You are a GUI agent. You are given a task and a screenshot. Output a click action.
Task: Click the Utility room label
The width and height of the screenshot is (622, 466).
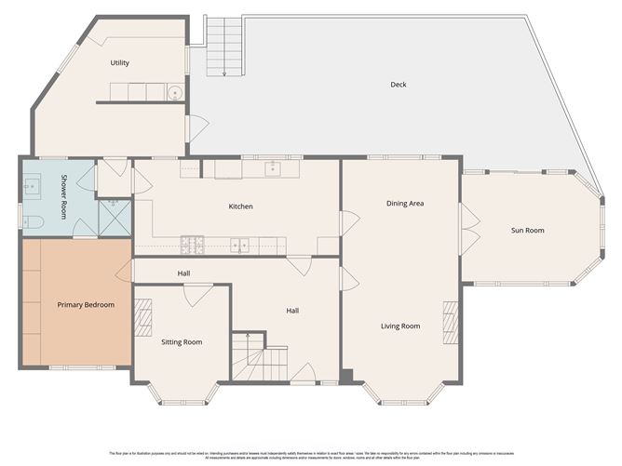pos(119,63)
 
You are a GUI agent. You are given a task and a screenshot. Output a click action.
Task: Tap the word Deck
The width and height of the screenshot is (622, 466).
pos(399,85)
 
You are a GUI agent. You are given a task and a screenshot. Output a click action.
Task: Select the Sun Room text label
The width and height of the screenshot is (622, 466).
pos(528,230)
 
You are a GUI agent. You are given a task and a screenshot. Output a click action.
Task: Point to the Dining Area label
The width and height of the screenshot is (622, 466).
pos(406,203)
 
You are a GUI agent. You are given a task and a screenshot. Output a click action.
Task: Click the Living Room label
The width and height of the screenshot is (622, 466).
pos(400,326)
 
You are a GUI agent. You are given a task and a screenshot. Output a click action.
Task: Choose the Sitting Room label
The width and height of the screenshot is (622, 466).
pos(182,342)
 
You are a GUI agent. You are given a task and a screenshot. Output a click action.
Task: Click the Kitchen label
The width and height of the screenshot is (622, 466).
pos(240,206)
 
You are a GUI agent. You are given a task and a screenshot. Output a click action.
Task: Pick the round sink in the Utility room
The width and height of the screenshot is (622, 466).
pos(173,92)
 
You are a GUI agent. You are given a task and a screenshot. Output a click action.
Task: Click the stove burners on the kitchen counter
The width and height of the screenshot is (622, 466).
pos(193,245)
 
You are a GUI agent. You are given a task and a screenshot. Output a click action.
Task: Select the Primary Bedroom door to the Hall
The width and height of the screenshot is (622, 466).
pos(123,272)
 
